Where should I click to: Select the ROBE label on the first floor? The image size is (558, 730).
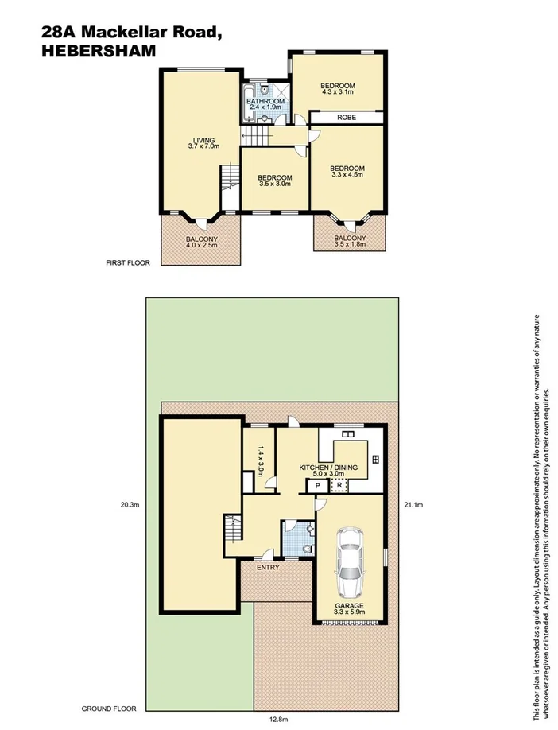347,118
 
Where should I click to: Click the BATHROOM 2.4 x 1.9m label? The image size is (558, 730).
265,104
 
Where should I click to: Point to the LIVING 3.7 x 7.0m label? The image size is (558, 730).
202,143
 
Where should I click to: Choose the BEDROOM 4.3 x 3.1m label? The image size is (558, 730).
338,89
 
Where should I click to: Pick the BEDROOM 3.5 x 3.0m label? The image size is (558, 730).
276,181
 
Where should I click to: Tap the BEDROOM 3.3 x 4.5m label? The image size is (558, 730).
347,171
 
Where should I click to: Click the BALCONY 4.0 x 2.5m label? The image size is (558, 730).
202,242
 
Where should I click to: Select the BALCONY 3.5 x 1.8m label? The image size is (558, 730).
350,241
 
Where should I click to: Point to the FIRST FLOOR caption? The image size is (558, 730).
128,263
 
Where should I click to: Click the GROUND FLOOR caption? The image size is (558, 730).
109,708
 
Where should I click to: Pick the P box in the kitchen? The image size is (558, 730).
317,485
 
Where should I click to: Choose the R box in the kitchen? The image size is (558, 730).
339,485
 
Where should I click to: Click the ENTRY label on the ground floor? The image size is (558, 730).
266,567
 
